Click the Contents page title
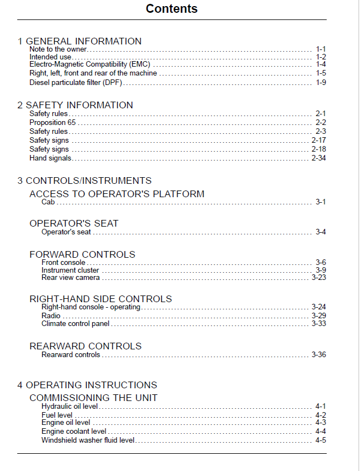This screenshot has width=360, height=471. click(x=171, y=9)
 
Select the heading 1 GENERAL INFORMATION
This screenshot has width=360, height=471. click(x=79, y=41)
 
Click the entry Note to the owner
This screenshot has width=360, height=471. click(x=58, y=49)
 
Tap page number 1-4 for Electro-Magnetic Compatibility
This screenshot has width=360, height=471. click(x=321, y=64)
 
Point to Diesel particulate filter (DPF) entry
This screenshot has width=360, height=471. click(x=76, y=83)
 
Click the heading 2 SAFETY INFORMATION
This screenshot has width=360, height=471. click(x=75, y=105)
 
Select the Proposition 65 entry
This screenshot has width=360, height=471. click(x=52, y=123)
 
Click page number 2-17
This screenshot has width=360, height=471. click(x=318, y=141)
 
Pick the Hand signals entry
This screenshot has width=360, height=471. click(x=50, y=158)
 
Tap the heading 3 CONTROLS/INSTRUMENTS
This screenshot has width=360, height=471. click(x=84, y=181)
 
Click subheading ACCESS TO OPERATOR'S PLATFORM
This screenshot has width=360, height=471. click(x=117, y=194)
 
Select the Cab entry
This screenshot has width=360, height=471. click(x=48, y=202)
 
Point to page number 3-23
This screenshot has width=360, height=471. click(x=318, y=277)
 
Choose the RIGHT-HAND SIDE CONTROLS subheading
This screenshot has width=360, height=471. click(x=101, y=299)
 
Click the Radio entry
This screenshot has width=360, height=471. click(x=51, y=316)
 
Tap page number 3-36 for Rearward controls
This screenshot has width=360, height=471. click(x=318, y=354)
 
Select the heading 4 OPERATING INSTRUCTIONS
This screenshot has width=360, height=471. click(x=87, y=385)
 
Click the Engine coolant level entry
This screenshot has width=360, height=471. click(x=73, y=431)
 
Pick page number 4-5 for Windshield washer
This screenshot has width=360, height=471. click(x=321, y=440)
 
